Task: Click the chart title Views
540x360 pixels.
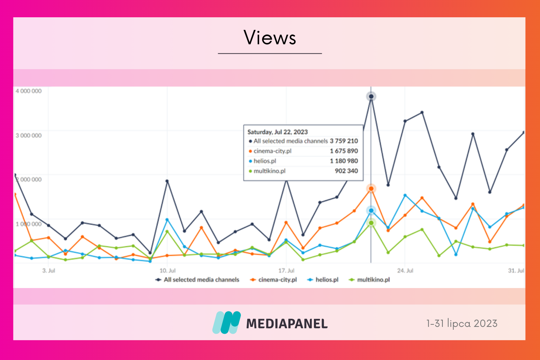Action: [270, 38]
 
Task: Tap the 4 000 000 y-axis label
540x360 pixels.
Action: [28, 91]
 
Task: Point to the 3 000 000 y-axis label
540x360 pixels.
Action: [28, 135]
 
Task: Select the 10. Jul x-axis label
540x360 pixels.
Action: [167, 270]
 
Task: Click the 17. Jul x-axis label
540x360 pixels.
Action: [286, 270]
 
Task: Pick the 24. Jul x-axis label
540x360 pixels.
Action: [405, 270]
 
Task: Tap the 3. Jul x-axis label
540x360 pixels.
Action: [49, 270]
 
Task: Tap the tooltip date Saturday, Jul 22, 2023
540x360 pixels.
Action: [278, 132]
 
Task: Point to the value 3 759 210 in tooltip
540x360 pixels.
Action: [344, 141]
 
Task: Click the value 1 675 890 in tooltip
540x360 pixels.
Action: [344, 151]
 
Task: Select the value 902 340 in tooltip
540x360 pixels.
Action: [346, 171]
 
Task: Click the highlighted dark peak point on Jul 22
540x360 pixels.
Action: [371, 96]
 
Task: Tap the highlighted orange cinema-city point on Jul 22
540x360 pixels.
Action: [371, 189]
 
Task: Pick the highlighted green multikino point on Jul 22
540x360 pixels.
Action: [371, 223]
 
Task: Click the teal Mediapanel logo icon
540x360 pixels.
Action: [226, 323]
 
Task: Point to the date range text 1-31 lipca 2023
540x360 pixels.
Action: [462, 323]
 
